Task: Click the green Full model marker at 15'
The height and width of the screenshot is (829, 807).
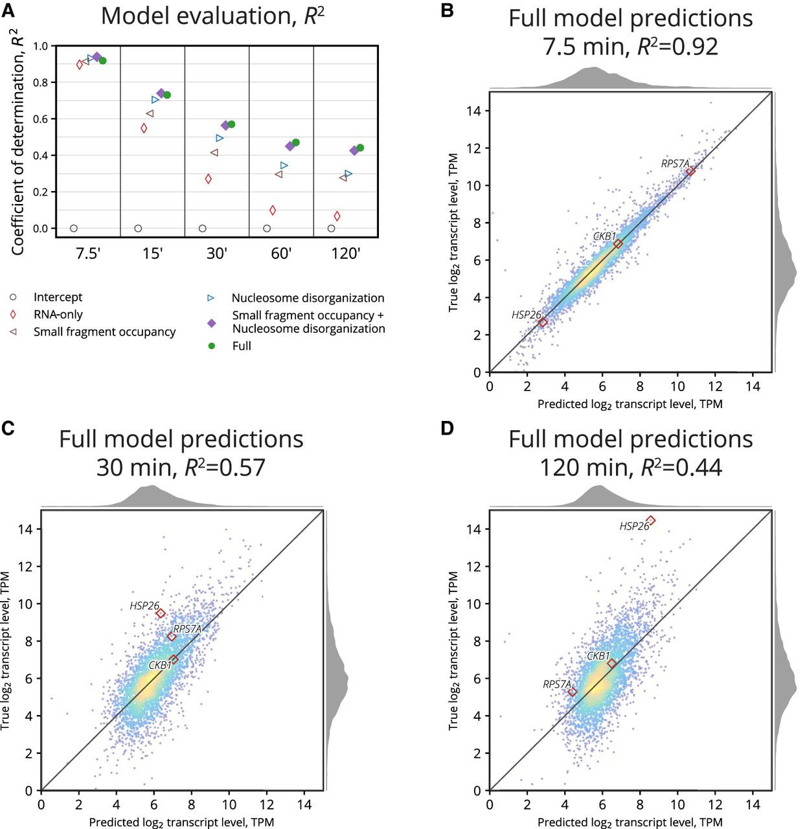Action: (167, 95)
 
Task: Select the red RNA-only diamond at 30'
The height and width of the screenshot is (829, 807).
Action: (209, 179)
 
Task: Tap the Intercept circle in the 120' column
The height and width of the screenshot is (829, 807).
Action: (331, 229)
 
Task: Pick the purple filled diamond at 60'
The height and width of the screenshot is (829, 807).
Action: (290, 146)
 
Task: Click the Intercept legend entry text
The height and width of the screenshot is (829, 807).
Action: (58, 297)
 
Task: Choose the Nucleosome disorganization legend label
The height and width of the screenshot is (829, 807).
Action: (308, 298)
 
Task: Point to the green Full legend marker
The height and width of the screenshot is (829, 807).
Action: (211, 346)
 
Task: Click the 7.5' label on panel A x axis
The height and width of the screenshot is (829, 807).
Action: (88, 254)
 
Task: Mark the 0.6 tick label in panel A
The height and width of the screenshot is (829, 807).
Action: (41, 119)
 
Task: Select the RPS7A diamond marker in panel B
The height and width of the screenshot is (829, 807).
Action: (690, 171)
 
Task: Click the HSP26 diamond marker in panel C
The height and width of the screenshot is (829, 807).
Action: (161, 613)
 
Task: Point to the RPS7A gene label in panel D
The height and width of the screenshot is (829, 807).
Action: (557, 684)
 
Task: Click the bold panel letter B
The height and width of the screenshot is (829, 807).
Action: (446, 10)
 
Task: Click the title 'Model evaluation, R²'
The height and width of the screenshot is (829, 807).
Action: (212, 16)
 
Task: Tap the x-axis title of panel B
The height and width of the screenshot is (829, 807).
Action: (630, 404)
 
